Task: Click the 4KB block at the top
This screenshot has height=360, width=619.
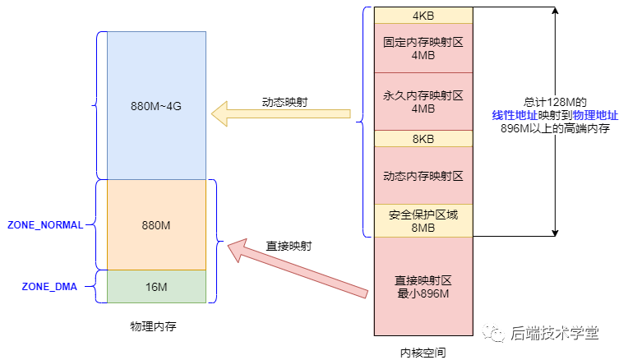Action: tap(423, 16)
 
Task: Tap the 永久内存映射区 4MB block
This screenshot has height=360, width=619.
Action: tap(423, 102)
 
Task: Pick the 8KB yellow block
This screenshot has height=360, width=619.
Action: tap(423, 139)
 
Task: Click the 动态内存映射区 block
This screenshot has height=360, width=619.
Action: tap(423, 175)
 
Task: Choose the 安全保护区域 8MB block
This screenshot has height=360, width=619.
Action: tap(423, 220)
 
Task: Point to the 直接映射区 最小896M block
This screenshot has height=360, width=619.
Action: tap(423, 286)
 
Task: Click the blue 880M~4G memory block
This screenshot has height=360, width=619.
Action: tap(156, 105)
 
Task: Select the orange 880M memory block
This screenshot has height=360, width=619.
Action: tap(156, 224)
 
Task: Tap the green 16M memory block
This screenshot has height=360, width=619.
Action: tap(156, 286)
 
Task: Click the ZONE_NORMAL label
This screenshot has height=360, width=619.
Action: tap(45, 225)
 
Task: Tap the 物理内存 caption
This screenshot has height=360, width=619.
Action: tap(153, 326)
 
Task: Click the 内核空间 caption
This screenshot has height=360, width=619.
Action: tap(423, 350)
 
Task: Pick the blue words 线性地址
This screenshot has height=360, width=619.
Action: tap(514, 115)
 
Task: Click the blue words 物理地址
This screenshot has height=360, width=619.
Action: tap(595, 115)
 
